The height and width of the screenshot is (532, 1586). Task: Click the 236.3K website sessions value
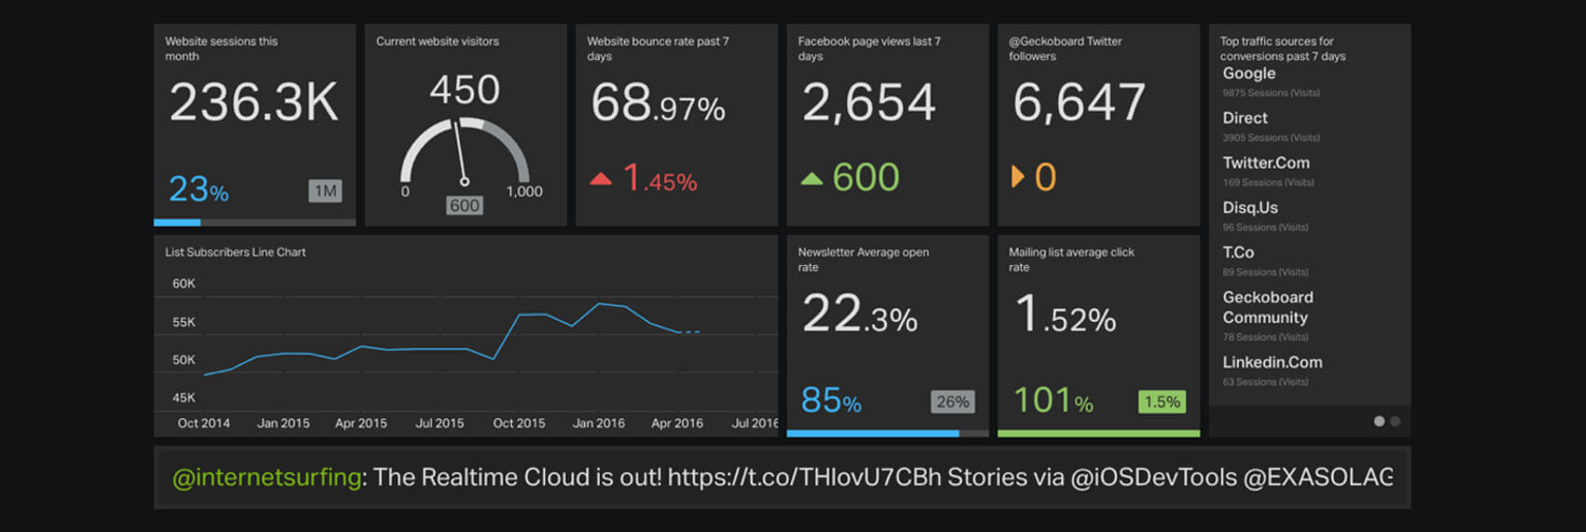pos(254,103)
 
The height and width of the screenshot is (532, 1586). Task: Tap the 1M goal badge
pos(325,191)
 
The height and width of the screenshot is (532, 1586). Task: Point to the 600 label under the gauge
pos(465,205)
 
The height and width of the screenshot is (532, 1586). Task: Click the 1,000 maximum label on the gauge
pos(524,191)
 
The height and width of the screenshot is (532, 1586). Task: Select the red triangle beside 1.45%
pos(601,178)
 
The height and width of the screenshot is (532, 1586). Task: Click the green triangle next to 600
pos(812,178)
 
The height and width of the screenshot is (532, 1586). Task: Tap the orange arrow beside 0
pos(1018,176)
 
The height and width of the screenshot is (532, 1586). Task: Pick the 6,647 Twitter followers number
pos(1079,103)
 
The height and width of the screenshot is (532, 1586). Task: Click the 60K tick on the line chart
pos(184,284)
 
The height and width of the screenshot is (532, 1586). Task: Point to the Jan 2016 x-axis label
pos(598,424)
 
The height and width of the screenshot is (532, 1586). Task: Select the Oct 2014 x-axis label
pos(203,424)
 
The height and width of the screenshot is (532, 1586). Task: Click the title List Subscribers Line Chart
pos(235,252)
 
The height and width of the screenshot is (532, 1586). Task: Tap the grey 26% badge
pos(953,402)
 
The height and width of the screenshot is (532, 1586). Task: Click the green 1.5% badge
pos(1162,402)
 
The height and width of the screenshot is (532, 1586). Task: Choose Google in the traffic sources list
pos(1249,74)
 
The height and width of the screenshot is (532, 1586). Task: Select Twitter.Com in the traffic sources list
pos(1266,163)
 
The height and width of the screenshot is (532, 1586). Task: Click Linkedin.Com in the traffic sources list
pos(1273,362)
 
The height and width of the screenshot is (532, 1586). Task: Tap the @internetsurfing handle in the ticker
pos(267,478)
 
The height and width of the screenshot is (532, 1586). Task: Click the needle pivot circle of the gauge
pos(465,182)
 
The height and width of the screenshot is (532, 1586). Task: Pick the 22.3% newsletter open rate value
pos(860,315)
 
